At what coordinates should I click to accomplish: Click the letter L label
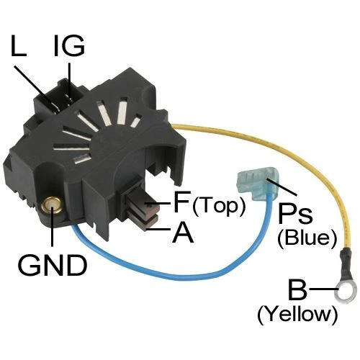(x=19, y=45)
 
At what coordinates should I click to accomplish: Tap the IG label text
(x=69, y=45)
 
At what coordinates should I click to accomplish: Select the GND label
(x=52, y=265)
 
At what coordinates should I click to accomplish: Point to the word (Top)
(x=219, y=206)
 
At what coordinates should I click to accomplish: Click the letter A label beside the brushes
(x=183, y=231)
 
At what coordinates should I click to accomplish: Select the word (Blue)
(x=307, y=239)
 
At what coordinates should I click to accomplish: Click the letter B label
(x=298, y=289)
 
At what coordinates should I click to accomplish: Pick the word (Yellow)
(x=297, y=315)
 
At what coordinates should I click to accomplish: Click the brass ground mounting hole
(x=53, y=205)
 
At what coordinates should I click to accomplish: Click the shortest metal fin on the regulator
(x=136, y=122)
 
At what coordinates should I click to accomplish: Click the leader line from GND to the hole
(x=53, y=226)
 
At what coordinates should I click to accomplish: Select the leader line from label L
(x=35, y=86)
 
